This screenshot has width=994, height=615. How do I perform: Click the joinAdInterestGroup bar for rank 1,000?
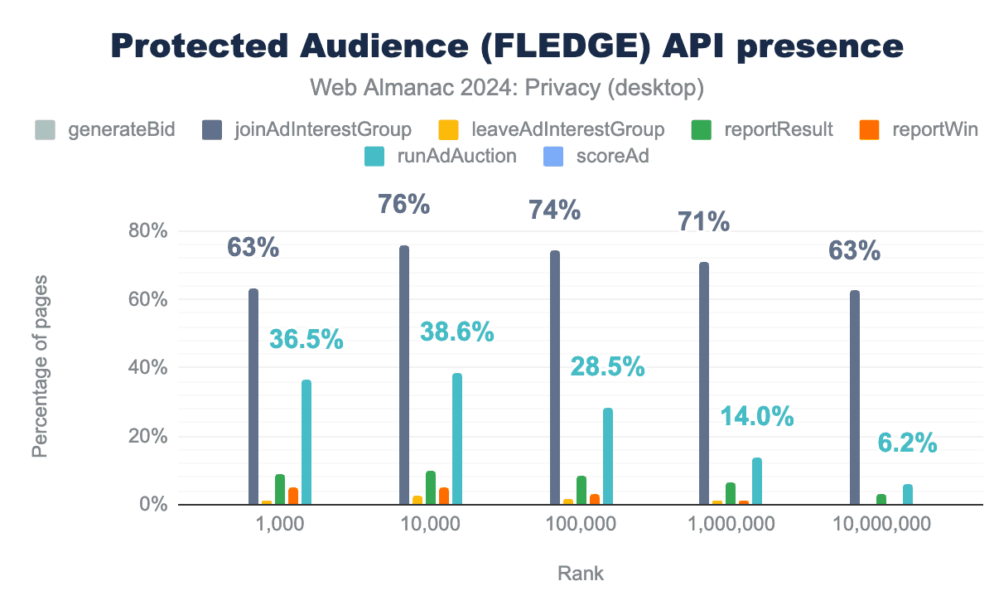point(253,397)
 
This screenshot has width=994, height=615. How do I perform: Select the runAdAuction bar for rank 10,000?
point(457,439)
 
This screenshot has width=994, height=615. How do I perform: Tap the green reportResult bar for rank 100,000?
point(581,491)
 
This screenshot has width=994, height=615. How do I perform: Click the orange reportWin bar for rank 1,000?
point(293,496)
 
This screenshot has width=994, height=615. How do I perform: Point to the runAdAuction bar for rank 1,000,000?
point(757,482)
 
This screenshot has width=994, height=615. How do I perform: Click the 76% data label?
point(404,204)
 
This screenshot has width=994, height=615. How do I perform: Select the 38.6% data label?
point(456,332)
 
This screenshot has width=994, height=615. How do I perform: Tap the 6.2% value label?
point(908,443)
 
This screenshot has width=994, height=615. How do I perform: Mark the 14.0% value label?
point(756,416)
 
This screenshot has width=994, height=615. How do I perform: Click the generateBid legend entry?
point(105,129)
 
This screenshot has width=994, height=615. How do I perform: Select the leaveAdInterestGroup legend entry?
point(551,129)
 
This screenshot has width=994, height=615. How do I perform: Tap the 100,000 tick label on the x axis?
point(582,524)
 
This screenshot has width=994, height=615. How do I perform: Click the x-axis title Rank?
point(581,574)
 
